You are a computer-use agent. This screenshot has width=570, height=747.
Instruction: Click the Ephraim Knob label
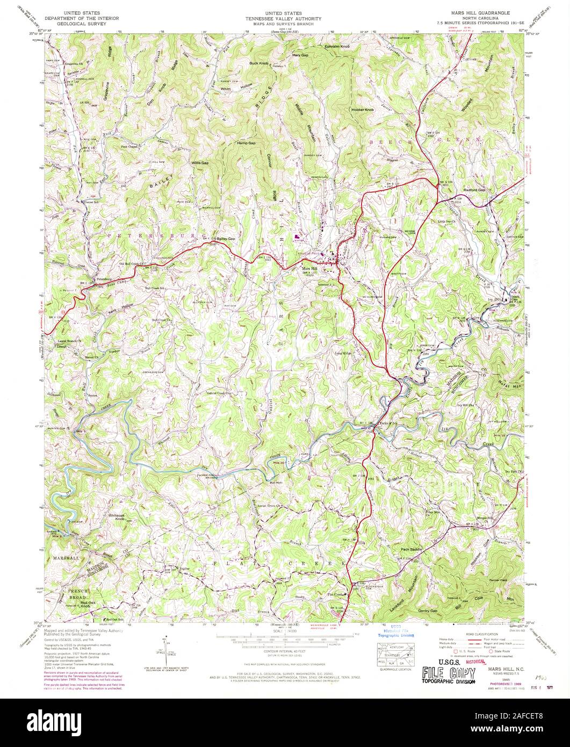pyautogui.click(x=337, y=47)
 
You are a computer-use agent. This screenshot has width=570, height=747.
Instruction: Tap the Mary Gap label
pyautogui.click(x=299, y=55)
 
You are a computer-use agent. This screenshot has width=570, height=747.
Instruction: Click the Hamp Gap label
pyautogui.click(x=246, y=143)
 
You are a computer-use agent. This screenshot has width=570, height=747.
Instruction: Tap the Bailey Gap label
pyautogui.click(x=226, y=239)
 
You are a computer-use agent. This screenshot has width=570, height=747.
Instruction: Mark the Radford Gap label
pyautogui.click(x=474, y=190)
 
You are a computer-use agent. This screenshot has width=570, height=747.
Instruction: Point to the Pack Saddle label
pyautogui.click(x=412, y=549)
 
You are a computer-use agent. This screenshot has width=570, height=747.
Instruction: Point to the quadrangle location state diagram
pyautogui.click(x=395, y=655)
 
